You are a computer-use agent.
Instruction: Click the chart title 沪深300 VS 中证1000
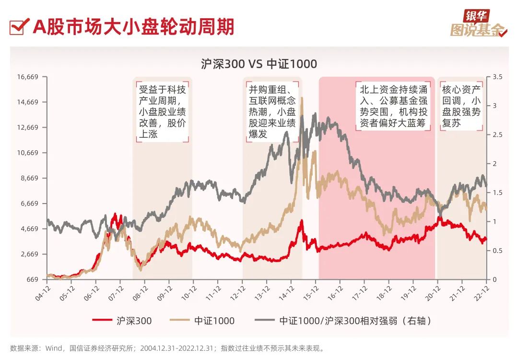[259, 64]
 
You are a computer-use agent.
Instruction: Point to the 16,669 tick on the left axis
[27, 77]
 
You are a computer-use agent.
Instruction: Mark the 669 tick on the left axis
[32, 279]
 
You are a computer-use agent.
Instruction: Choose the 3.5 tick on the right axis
[497, 77]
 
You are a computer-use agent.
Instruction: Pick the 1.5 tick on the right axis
[497, 192]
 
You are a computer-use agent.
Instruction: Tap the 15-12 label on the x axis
[311, 291]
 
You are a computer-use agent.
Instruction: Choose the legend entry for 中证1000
[202, 321]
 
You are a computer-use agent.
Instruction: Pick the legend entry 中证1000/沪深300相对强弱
[342, 321]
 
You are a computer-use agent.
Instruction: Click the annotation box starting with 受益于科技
[162, 112]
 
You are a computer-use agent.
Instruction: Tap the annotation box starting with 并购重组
[272, 112]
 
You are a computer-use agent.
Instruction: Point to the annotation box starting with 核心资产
[461, 106]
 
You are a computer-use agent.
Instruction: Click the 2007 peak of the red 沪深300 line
[115, 214]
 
